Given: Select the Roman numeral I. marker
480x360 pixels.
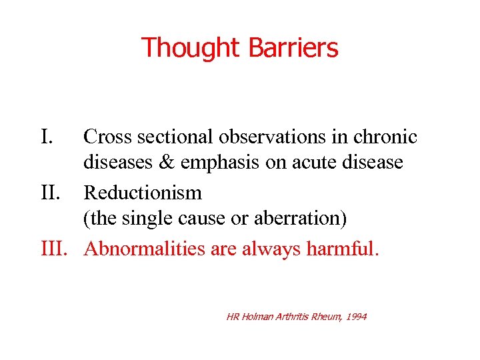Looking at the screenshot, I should click(47, 137).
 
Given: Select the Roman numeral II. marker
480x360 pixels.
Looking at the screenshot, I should click(52, 193).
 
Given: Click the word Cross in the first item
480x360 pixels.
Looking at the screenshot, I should click(107, 137).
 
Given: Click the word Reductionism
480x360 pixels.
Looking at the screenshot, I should click(142, 193).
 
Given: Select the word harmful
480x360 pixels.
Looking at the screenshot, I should click(342, 249).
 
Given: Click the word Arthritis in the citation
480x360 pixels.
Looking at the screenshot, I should click(294, 317).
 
